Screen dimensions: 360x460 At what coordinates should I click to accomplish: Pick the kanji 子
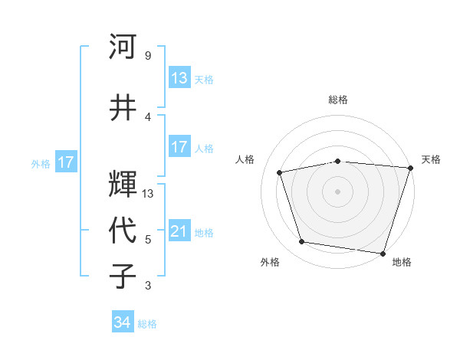pos(122,275)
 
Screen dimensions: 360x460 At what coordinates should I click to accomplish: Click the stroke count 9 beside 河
pos(148,56)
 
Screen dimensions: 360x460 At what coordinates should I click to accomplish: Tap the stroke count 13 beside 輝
pos(149,194)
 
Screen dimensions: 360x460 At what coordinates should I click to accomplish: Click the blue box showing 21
pos(179,231)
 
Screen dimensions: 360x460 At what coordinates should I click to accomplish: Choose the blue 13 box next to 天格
pos(179,78)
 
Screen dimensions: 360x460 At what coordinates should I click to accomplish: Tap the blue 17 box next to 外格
pos(66,162)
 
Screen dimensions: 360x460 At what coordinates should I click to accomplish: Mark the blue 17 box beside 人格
pos(179,147)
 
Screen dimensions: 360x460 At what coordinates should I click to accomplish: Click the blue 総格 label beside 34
pos(147,324)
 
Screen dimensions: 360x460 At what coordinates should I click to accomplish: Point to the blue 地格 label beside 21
pos(204,233)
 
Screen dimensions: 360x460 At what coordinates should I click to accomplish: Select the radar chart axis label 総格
pos(338,100)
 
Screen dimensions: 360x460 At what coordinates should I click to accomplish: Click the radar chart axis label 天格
pos(431,159)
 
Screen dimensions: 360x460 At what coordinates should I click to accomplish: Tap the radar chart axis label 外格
pos(270,262)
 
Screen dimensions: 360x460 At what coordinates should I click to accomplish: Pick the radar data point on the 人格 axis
pos(280,172)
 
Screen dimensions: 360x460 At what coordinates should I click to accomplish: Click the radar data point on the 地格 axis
pos(383,253)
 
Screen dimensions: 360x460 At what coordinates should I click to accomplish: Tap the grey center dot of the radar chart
pos(338,191)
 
